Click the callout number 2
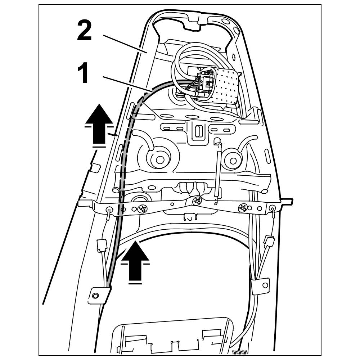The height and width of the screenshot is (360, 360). click(84, 31)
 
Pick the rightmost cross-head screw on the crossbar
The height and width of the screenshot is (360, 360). click(243, 207)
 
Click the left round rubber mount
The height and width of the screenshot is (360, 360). click(157, 158)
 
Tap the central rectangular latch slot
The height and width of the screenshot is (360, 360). click(198, 131)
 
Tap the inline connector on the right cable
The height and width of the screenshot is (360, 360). click(269, 240)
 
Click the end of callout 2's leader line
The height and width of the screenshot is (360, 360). click(147, 53)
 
